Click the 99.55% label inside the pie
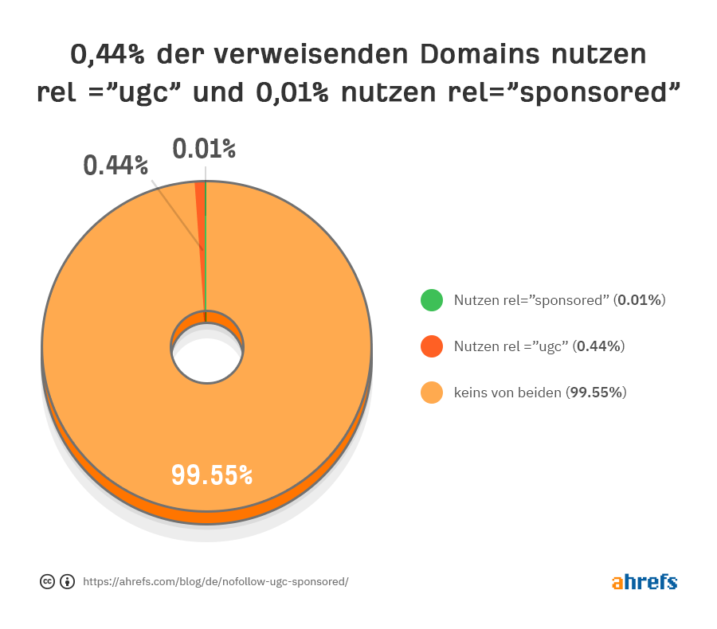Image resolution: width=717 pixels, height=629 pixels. pyautogui.click(x=212, y=475)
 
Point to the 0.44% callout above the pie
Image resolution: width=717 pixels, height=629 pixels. pyautogui.click(x=116, y=165)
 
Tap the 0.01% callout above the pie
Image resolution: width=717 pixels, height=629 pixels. pyautogui.click(x=205, y=148)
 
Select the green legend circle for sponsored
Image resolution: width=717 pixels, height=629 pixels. pyautogui.click(x=431, y=300)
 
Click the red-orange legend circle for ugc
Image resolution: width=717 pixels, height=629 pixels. pyautogui.click(x=431, y=346)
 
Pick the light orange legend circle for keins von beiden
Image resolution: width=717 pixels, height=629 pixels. pyautogui.click(x=431, y=393)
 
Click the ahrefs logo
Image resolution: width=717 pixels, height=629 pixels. pyautogui.click(x=644, y=581)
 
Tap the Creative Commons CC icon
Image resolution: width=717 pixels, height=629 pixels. pyautogui.click(x=47, y=581)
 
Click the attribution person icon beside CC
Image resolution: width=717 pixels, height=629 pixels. pyautogui.click(x=68, y=581)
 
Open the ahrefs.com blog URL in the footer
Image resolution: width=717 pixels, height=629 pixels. pyautogui.click(x=215, y=581)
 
